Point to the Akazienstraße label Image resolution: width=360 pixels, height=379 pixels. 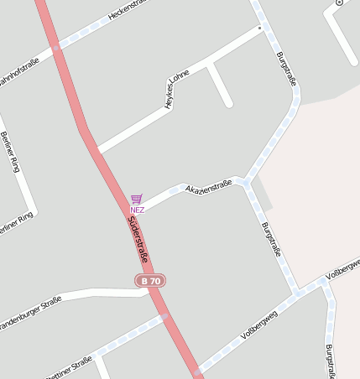tap(208, 185)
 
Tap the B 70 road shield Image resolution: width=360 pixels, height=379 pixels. tap(150, 281)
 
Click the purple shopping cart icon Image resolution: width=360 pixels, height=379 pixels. tap(137, 199)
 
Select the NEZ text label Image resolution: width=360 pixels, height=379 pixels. tap(137, 210)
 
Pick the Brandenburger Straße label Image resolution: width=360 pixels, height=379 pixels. tap(29, 312)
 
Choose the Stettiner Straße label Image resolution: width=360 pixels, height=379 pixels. tap(69, 367)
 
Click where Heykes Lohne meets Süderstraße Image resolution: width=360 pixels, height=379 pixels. tap(98, 152)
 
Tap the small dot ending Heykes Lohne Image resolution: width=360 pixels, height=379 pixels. tap(260, 28)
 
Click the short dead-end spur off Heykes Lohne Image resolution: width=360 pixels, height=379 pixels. tap(220, 85)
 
